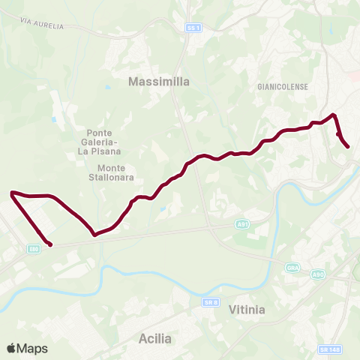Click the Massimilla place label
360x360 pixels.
(158, 80)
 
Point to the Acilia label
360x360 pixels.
(155, 338)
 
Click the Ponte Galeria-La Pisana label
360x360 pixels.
(100, 141)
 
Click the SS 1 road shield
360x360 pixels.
(194, 28)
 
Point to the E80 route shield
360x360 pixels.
(35, 249)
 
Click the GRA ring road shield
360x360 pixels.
(293, 268)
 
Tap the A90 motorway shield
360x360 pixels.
(318, 275)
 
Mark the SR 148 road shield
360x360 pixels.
(327, 349)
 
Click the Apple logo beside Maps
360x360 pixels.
(11, 348)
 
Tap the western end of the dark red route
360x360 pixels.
(50, 244)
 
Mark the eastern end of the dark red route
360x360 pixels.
(349, 147)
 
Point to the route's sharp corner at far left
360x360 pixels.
(13, 193)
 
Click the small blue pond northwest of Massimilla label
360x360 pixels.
(107, 87)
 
